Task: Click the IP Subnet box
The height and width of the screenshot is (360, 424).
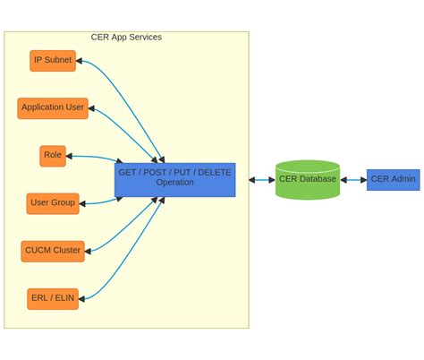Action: [52, 60]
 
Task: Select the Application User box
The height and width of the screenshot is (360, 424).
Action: [53, 107]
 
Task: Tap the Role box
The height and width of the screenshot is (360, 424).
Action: [53, 156]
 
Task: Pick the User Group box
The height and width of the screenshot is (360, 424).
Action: [53, 203]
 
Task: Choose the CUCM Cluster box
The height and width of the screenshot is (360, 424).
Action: [53, 251]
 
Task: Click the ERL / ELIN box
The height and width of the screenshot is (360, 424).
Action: [53, 298]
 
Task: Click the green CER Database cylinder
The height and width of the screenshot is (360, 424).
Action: [308, 179]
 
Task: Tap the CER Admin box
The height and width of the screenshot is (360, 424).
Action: [393, 179]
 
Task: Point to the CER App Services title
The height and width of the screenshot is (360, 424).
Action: [126, 37]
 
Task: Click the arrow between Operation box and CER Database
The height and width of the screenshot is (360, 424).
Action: [262, 180]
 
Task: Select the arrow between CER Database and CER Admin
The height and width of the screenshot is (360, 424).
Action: [353, 180]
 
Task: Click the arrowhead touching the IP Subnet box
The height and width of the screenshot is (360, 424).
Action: [80, 61]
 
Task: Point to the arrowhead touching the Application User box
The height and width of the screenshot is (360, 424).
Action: [92, 109]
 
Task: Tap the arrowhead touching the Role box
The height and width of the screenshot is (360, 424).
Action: [70, 157]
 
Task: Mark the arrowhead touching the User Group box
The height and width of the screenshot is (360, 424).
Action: [83, 204]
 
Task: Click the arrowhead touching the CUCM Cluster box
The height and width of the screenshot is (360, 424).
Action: [89, 251]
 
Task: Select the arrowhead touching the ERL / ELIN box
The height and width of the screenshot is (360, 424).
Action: [82, 298]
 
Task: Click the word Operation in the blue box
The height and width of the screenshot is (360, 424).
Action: [174, 183]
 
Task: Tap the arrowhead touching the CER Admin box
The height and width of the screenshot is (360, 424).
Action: [363, 180]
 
